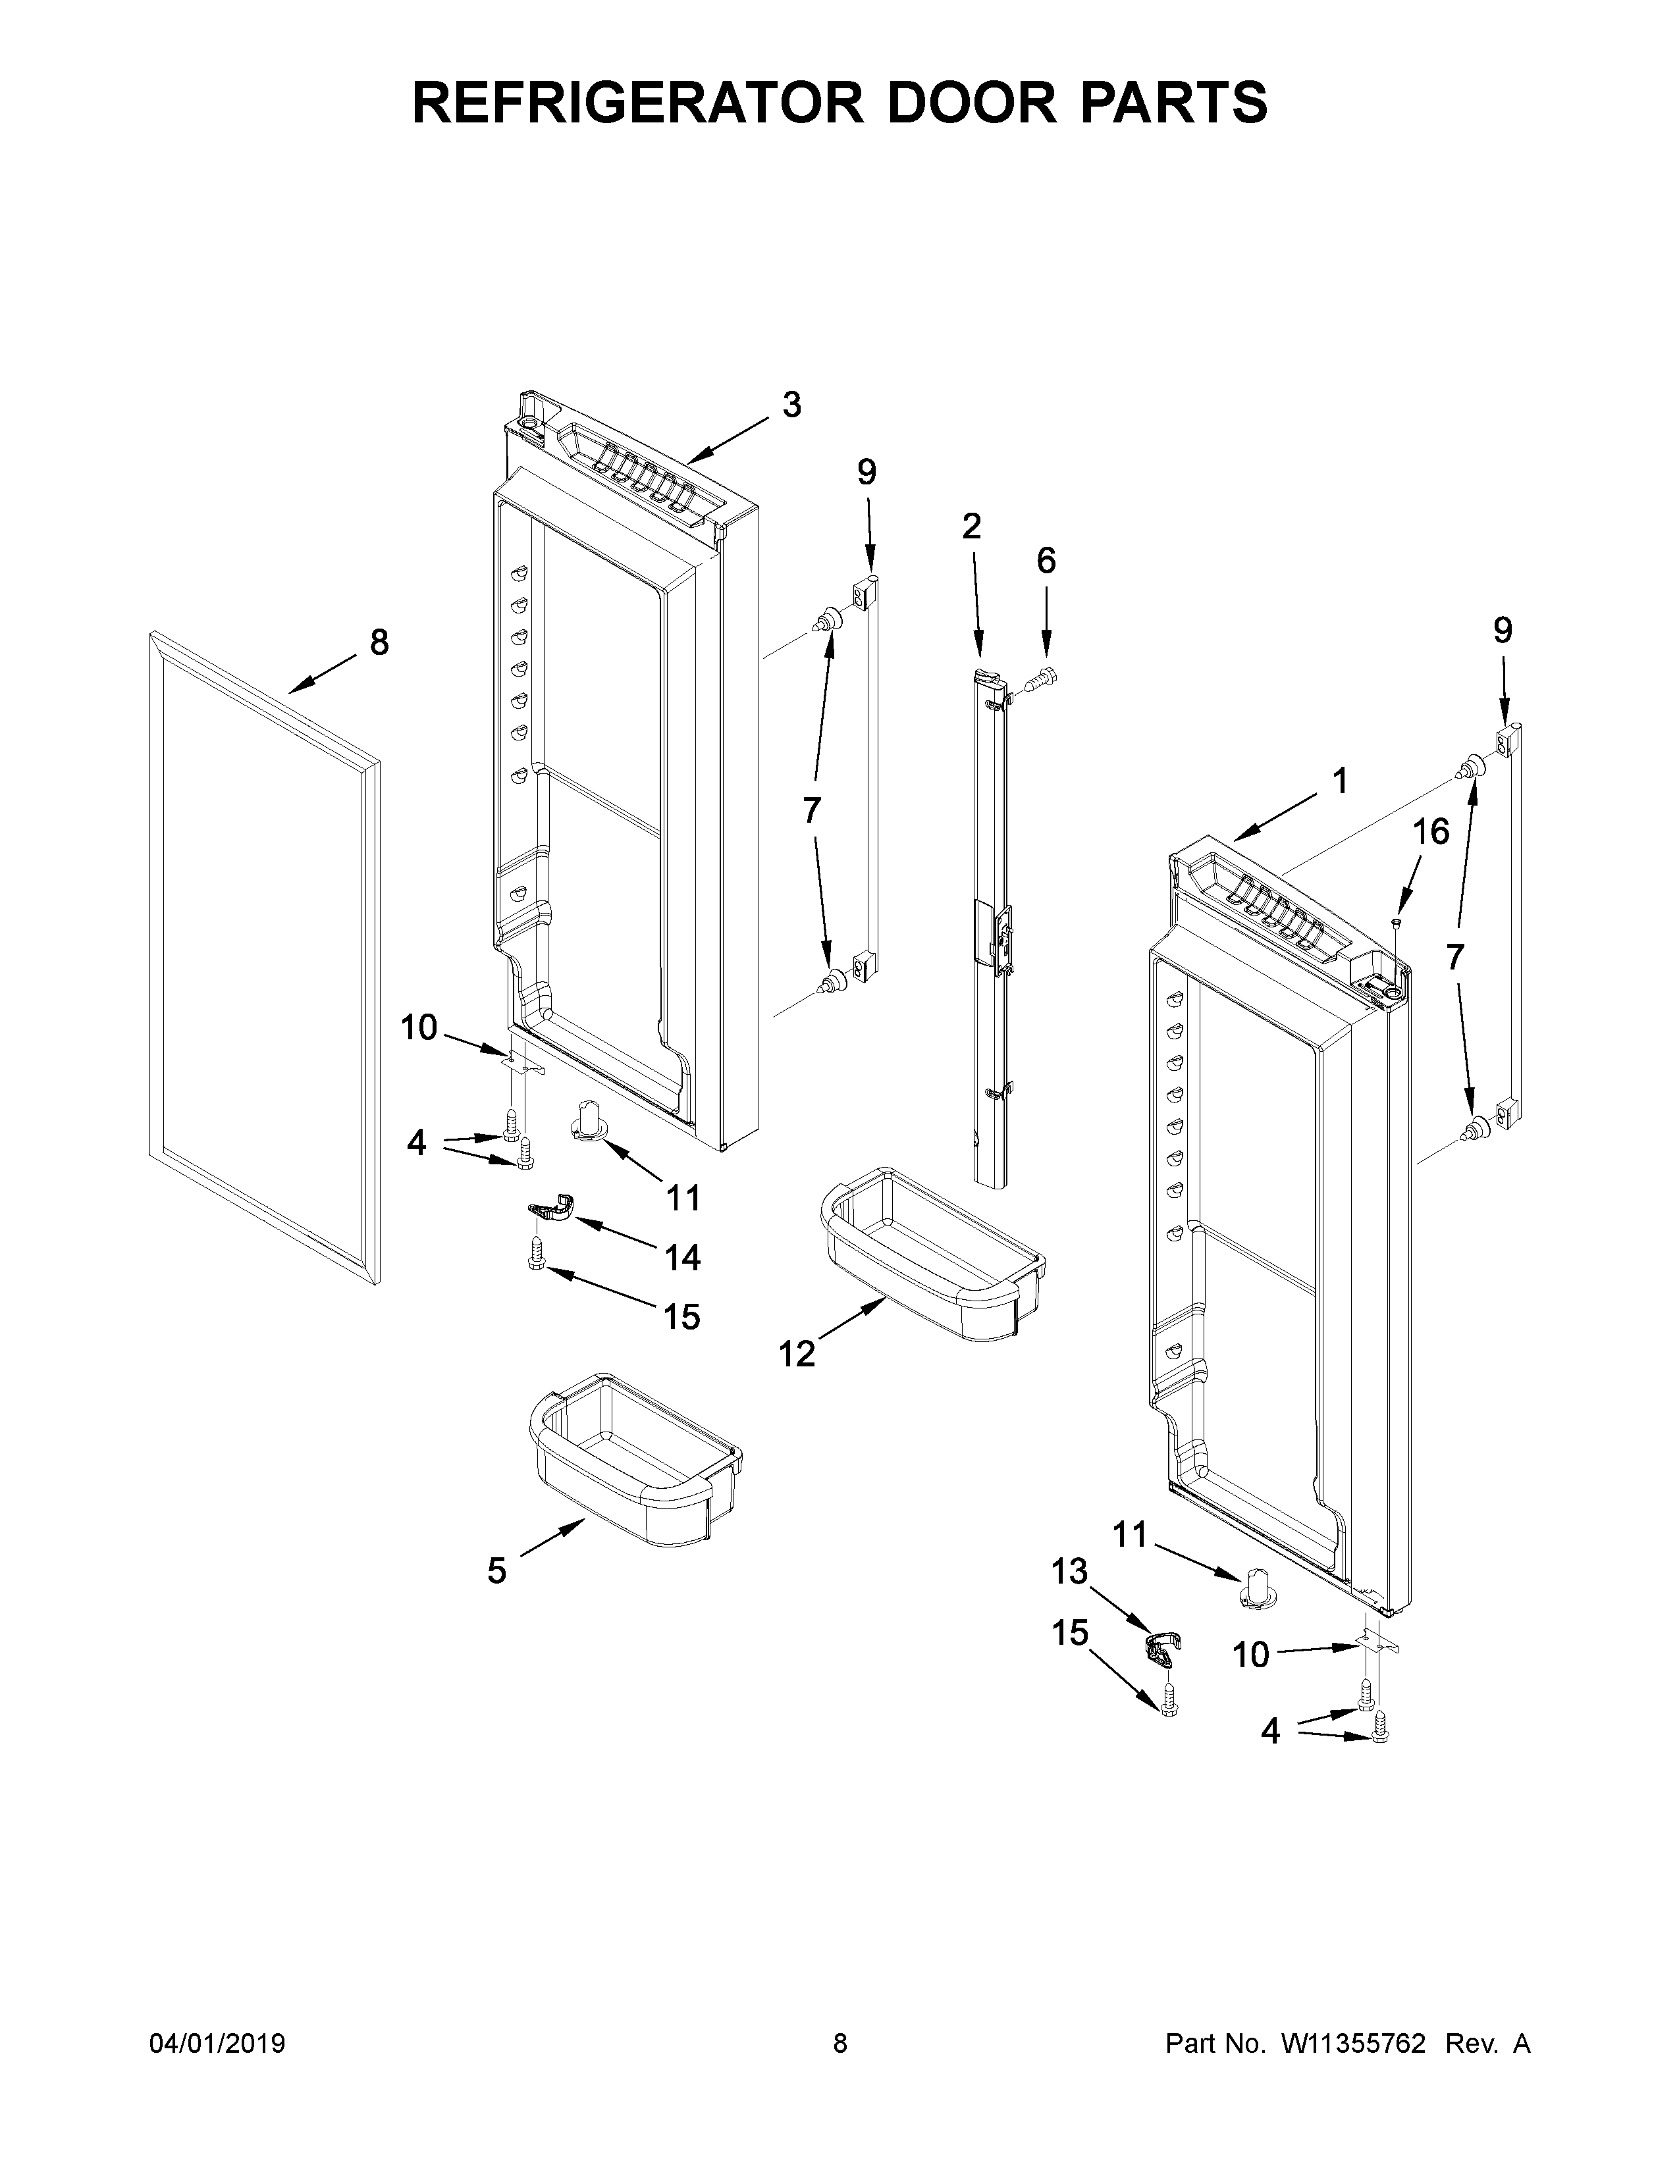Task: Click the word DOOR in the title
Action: point(961,103)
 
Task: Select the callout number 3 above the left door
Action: point(791,405)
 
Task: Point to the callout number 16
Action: point(1431,831)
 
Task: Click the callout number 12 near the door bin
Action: point(797,1353)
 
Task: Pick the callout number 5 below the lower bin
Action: point(496,1570)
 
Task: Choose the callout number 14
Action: point(682,1258)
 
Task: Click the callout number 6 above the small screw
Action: point(1046,561)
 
